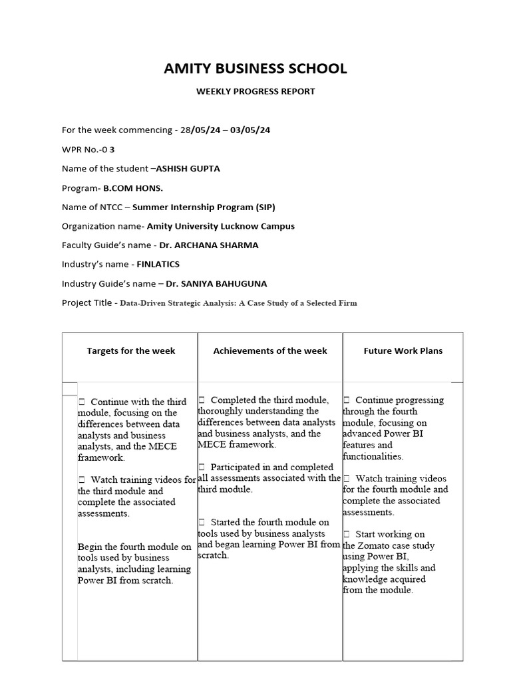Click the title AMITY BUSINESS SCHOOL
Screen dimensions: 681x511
click(x=255, y=68)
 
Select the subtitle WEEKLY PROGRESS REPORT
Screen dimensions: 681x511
click(x=255, y=91)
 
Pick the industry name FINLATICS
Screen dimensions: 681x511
click(x=158, y=264)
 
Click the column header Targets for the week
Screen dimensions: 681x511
click(x=131, y=350)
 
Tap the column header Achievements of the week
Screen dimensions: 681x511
click(x=270, y=350)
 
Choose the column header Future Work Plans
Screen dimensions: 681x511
click(x=403, y=350)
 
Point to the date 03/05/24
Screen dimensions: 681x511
click(x=250, y=130)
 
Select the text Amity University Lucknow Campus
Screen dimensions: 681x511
click(x=221, y=225)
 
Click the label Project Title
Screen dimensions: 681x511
click(x=88, y=303)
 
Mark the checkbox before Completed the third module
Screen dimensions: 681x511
click(x=202, y=400)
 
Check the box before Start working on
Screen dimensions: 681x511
click(x=347, y=534)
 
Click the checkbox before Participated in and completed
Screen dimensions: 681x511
click(x=202, y=467)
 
